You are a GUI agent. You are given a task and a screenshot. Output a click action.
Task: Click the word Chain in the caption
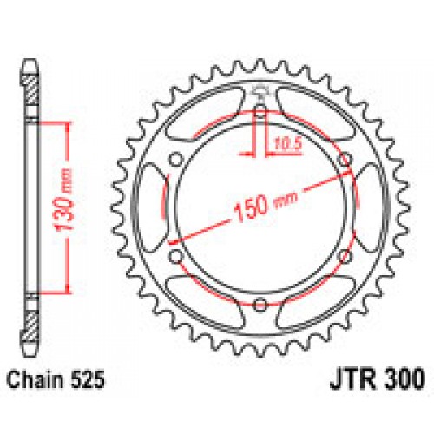[34, 378]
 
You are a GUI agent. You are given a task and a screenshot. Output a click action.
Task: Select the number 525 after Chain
[90, 378]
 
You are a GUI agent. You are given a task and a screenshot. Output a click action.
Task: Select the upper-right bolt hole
[344, 158]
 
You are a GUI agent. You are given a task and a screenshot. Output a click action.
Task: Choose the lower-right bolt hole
[344, 255]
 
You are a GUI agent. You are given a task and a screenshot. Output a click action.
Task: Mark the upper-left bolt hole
[175, 158]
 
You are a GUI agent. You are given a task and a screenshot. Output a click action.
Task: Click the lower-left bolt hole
[175, 255]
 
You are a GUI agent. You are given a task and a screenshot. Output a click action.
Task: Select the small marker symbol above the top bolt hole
[260, 93]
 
